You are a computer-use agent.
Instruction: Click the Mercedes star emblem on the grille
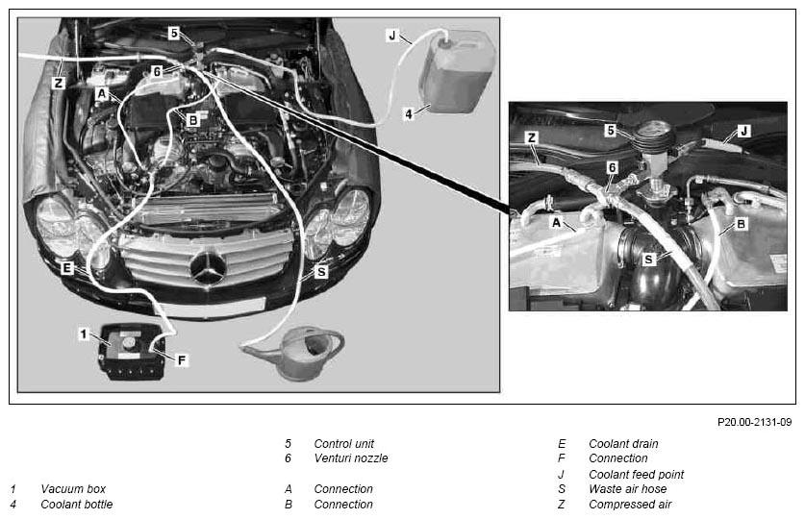coord(208,268)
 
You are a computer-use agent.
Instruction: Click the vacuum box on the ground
coord(131,352)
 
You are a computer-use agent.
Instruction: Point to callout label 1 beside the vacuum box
coord(84,334)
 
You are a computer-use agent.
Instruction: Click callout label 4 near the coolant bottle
coord(409,113)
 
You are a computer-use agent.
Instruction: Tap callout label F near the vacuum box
coord(181,360)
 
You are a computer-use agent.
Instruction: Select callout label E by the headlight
coord(67,268)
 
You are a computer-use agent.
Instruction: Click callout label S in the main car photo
coord(321,271)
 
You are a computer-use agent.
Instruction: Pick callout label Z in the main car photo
coord(59,83)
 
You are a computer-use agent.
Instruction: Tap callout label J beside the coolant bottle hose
coord(392,36)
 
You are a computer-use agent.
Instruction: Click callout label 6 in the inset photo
coord(612,167)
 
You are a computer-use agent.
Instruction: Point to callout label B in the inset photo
coord(741,224)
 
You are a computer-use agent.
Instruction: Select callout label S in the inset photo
coord(649,259)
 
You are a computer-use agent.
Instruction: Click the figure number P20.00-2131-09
coord(754,422)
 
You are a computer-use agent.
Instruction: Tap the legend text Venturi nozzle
coord(351,458)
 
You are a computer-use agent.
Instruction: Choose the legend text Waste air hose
coord(627,489)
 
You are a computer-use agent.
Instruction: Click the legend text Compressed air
coord(630,505)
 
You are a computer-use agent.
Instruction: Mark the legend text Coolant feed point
coord(636,475)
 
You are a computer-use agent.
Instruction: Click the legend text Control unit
coord(344,444)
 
